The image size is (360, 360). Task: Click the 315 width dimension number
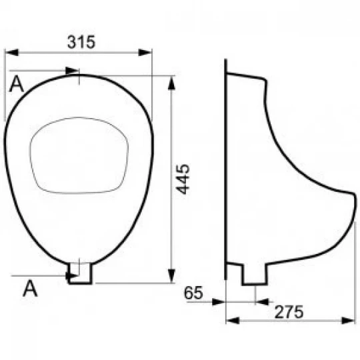(x=81, y=42)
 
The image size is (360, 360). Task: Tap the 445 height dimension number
(x=183, y=179)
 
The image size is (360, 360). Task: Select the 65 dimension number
(x=193, y=293)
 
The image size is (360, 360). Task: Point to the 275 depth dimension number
(x=289, y=312)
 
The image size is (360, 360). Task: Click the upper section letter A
(x=16, y=84)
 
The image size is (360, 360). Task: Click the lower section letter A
(x=30, y=288)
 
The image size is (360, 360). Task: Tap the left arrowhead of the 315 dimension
(x=11, y=53)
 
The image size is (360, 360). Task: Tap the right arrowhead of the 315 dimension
(x=145, y=53)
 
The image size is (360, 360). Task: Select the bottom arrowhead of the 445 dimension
(x=171, y=276)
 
